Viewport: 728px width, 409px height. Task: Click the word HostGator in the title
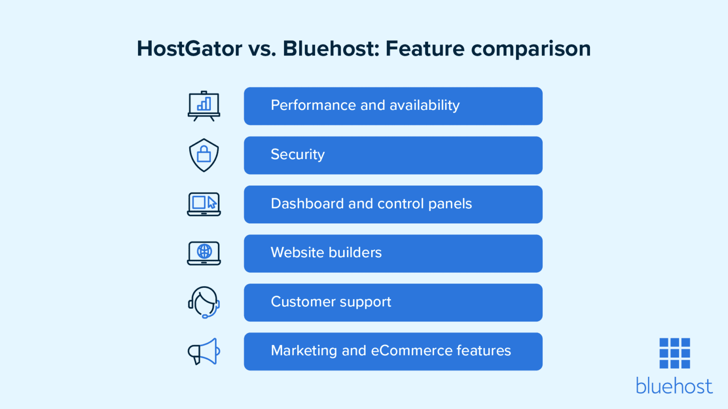pyautogui.click(x=190, y=49)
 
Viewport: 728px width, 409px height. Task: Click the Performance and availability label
pyautogui.click(x=365, y=105)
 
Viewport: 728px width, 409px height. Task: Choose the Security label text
pyautogui.click(x=298, y=155)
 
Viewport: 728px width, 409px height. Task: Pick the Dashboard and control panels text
pyautogui.click(x=371, y=204)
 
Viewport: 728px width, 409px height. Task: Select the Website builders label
pyautogui.click(x=326, y=253)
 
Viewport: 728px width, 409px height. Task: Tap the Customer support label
pyautogui.click(x=331, y=302)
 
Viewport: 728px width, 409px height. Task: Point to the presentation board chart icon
pyautogui.click(x=204, y=106)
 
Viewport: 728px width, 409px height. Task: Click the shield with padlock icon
pyautogui.click(x=204, y=155)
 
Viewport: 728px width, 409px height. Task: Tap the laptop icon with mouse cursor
pyautogui.click(x=204, y=204)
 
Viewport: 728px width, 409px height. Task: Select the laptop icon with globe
pyautogui.click(x=204, y=253)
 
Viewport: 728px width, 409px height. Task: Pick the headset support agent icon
pyautogui.click(x=204, y=302)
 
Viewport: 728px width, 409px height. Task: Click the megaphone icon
pyautogui.click(x=204, y=352)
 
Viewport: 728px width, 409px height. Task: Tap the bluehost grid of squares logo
pyautogui.click(x=674, y=353)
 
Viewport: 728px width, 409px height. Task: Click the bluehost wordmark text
pyautogui.click(x=674, y=386)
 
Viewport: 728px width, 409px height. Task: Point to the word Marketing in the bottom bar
pyautogui.click(x=303, y=351)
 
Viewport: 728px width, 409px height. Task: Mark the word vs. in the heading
pyautogui.click(x=262, y=49)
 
